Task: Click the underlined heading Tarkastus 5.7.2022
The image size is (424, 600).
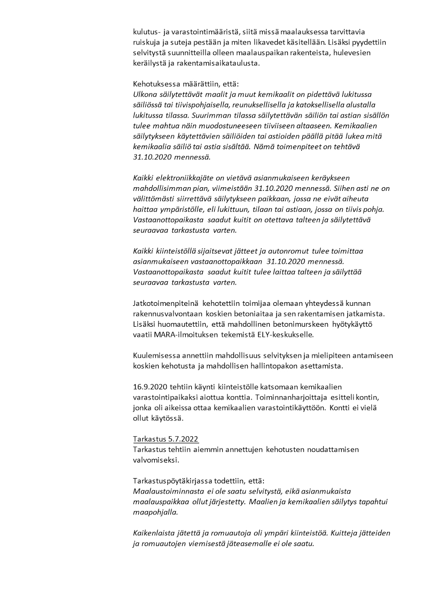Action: click(166, 439)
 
